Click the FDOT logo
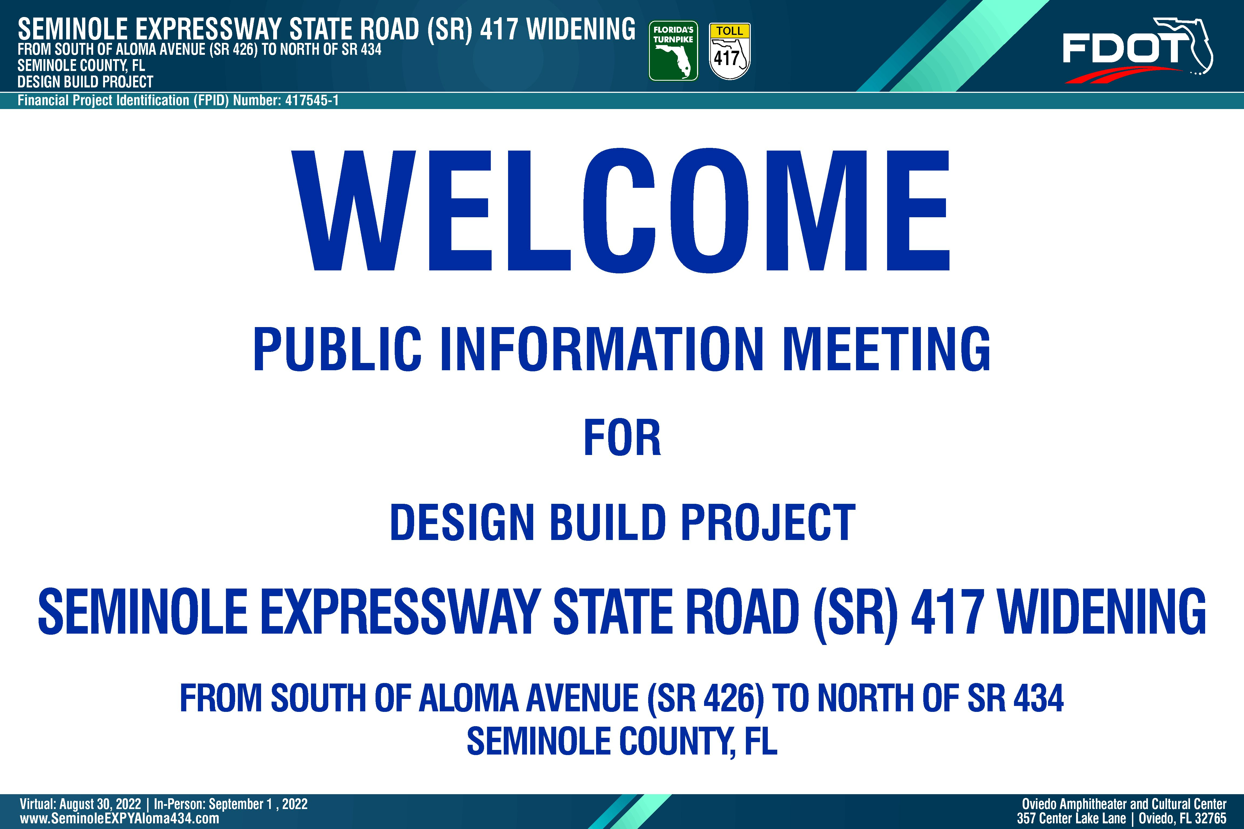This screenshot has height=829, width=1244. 1137,51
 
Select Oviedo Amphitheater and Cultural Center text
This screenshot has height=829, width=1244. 1124,804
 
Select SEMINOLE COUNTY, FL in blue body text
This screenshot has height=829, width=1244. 622,741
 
